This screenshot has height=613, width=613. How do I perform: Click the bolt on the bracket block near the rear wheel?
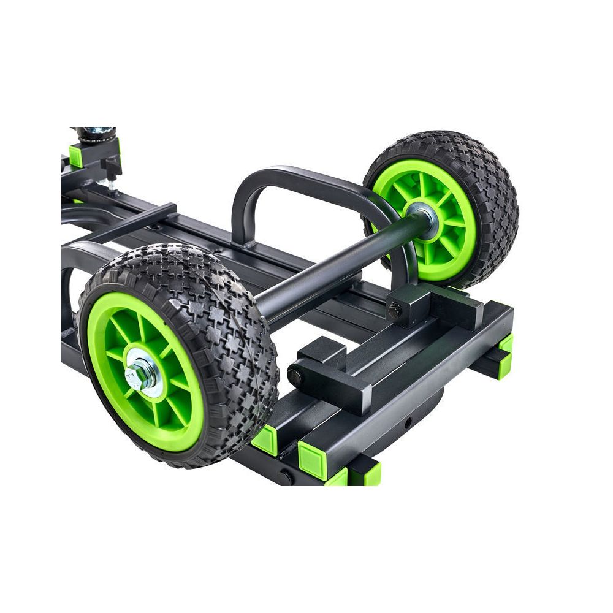(394, 311)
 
